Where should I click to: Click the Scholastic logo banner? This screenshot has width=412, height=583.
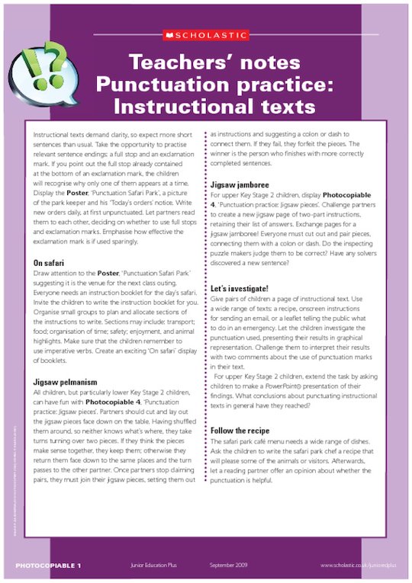pos(206,34)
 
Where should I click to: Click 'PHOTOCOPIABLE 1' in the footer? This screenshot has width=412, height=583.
pos(48,565)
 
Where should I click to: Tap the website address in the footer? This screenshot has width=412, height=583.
pos(357,565)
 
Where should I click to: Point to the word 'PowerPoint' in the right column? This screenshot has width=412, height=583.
pos(304,378)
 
